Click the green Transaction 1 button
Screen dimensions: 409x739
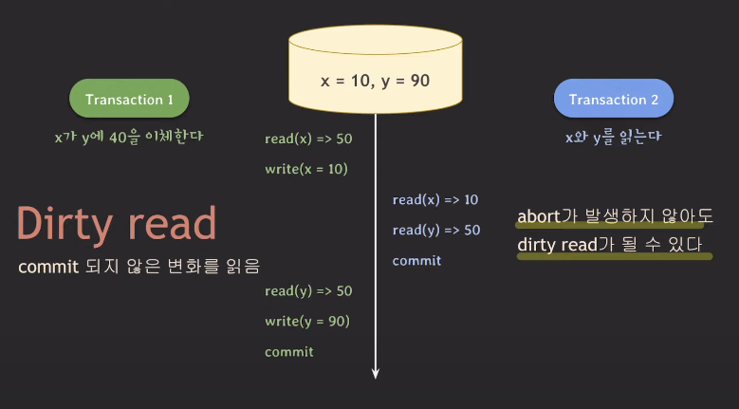tap(129, 100)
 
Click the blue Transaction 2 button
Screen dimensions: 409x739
tap(613, 100)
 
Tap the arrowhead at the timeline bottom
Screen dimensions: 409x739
tap(376, 372)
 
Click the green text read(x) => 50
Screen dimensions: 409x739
tap(308, 139)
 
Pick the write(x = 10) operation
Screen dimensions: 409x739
tap(306, 169)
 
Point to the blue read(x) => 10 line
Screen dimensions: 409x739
tap(435, 199)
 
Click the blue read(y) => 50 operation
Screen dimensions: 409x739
tap(436, 230)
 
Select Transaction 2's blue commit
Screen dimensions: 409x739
tap(416, 260)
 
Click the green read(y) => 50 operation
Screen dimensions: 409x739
tap(308, 290)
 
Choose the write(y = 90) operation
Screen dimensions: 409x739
tap(307, 321)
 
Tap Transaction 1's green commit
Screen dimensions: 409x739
tap(289, 351)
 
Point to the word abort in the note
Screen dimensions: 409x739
tap(539, 215)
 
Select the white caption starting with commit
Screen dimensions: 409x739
tap(139, 267)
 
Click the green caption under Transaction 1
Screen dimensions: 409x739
tap(129, 137)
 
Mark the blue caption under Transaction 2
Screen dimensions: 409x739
tap(613, 137)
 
